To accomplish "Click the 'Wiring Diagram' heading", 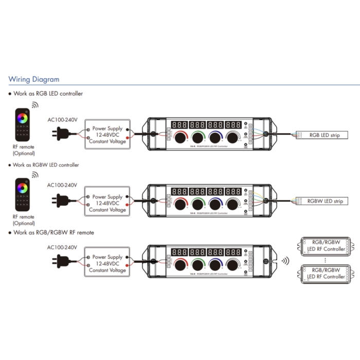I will [x=34, y=80].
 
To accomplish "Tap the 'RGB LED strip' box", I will [x=324, y=136].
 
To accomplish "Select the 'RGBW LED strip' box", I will [x=325, y=201].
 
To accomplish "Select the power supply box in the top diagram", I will [x=107, y=135].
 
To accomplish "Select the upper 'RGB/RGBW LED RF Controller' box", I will [x=326, y=245].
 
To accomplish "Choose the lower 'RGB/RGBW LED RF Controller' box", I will [x=326, y=273].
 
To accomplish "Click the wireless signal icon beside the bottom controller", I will [x=284, y=261].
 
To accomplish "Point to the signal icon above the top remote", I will [x=34, y=105].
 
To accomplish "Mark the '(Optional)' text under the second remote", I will [x=24, y=223].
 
